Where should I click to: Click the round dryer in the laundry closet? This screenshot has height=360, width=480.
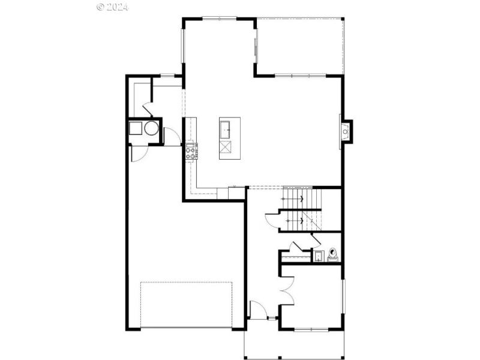[151, 128]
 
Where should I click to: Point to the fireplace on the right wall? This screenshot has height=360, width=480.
[346, 131]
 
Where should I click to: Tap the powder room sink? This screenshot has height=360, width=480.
[318, 257]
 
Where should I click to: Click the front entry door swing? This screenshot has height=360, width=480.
[257, 310]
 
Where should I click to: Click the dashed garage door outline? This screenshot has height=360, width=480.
[186, 304]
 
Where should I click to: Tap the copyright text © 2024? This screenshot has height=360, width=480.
[112, 7]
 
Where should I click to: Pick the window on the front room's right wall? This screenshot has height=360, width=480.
[343, 296]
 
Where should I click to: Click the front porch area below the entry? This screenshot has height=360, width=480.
[294, 345]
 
